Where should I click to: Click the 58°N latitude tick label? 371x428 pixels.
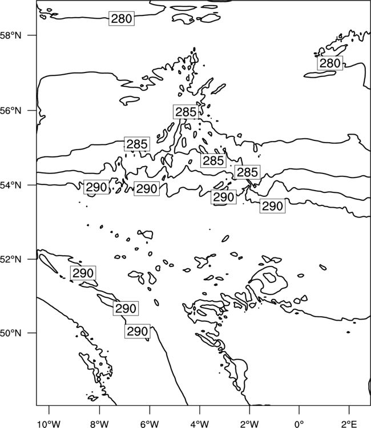click(10, 35)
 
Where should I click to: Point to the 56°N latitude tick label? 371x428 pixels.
click(10, 111)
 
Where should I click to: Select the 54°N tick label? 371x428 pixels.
click(10, 185)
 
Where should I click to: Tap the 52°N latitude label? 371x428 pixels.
click(10, 259)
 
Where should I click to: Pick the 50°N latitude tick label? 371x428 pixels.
click(10, 333)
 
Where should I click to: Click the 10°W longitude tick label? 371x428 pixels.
click(49, 424)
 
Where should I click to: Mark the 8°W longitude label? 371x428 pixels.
click(99, 424)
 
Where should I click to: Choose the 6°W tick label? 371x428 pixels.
click(150, 424)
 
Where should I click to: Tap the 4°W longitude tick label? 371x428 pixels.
click(200, 424)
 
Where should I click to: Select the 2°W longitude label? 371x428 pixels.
click(249, 424)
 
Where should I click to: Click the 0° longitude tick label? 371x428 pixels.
click(299, 424)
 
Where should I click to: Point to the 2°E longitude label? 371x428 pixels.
click(349, 424)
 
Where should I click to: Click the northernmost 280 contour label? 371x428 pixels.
click(122, 19)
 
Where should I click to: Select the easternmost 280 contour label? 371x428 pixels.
click(330, 63)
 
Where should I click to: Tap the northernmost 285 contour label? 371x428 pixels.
click(185, 112)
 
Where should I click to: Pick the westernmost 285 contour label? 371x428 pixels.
click(137, 144)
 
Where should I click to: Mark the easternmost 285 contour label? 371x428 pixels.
click(247, 172)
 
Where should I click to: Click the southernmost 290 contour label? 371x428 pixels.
click(138, 331)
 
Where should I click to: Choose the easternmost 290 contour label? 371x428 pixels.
click(272, 205)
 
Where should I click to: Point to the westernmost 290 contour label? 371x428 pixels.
click(83, 273)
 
